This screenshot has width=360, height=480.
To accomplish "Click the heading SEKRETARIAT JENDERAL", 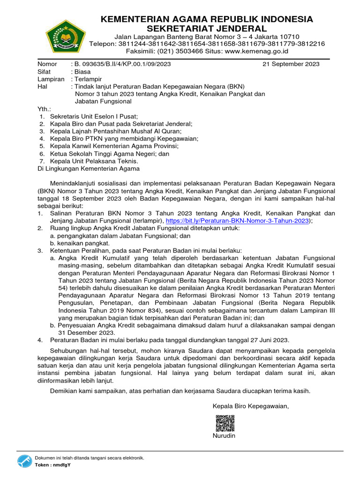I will click(x=207, y=29).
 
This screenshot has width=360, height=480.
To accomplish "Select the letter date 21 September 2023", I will click(x=291, y=64).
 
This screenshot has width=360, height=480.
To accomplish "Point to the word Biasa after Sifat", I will click(x=82, y=72).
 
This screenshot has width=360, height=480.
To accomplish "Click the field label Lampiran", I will click(x=51, y=79).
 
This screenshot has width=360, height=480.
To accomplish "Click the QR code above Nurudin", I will click(x=225, y=423).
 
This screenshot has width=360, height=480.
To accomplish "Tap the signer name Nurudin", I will click(x=224, y=436).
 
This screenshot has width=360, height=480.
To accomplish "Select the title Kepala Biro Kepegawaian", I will click(x=251, y=406).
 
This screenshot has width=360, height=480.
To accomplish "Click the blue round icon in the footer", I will click(x=24, y=461).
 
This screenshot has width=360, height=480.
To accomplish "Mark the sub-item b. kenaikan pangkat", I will click(x=80, y=243).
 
